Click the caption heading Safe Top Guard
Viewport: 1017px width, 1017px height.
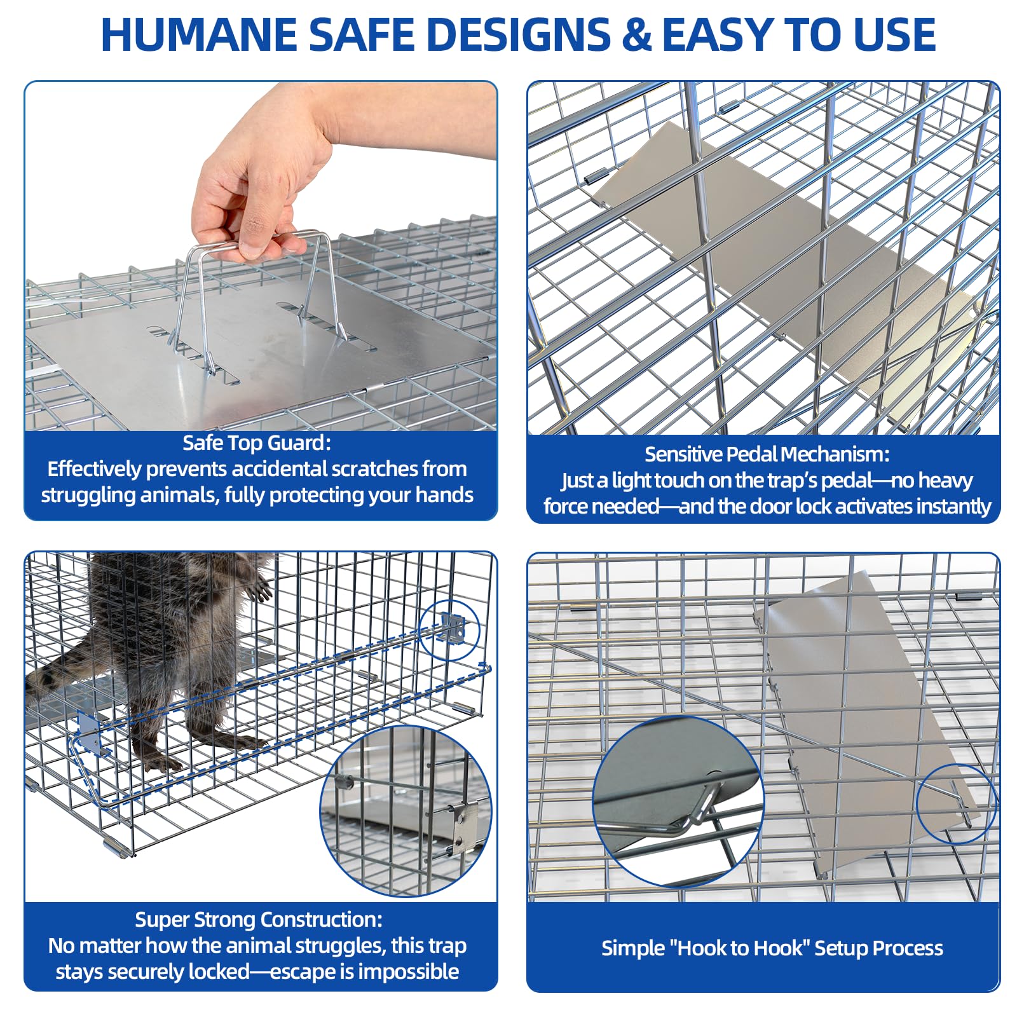[256, 442]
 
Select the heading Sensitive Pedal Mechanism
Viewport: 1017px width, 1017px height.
[767, 454]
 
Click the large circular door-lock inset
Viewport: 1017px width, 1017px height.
[406, 811]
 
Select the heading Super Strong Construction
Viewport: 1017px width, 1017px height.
[259, 919]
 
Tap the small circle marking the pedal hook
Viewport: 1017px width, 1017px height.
[955, 803]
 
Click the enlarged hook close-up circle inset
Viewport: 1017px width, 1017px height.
[678, 802]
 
